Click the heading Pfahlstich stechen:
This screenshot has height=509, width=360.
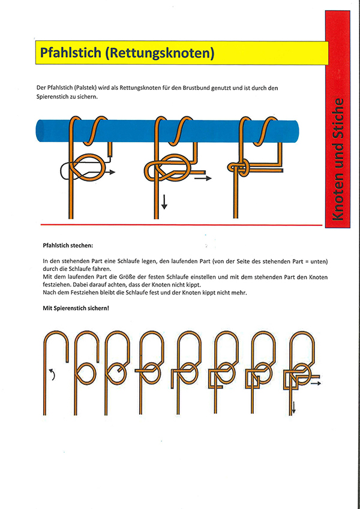[68, 246]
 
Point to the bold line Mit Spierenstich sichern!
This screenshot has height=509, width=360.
[76, 308]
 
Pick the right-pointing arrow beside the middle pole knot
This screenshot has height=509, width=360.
[203, 178]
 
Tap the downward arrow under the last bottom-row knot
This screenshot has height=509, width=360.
[294, 408]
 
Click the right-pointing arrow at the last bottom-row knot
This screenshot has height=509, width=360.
[316, 382]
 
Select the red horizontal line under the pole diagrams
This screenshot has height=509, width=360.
[180, 224]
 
